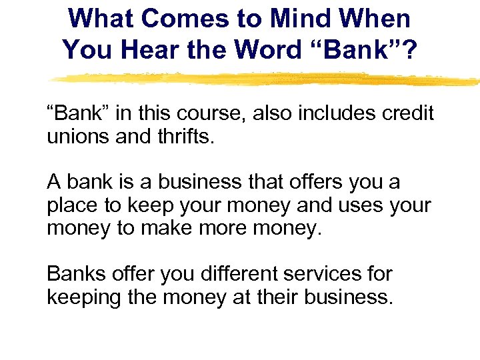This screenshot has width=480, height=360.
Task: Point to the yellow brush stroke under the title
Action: click(267, 79)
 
